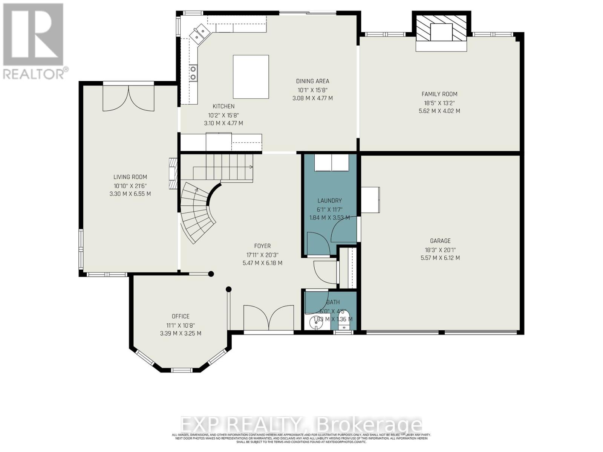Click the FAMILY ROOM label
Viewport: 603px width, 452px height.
[x=439, y=94]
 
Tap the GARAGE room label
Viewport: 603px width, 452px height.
[x=440, y=241]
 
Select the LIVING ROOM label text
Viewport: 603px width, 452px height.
[x=130, y=177]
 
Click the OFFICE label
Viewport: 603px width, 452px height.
[x=181, y=316]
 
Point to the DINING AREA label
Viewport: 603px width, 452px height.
[x=312, y=81]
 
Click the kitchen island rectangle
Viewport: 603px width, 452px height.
[x=251, y=77]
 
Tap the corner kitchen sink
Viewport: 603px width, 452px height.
[x=199, y=32]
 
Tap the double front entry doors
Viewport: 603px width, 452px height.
[x=268, y=318]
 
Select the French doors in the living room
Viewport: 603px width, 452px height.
[x=129, y=99]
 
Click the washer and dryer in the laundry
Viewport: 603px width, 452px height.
[x=332, y=163]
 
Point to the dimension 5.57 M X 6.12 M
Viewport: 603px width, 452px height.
[x=440, y=258]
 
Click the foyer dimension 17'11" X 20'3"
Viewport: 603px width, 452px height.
[x=262, y=255]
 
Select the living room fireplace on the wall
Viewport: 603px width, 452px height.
[x=173, y=173]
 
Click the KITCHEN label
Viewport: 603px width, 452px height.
[x=223, y=107]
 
